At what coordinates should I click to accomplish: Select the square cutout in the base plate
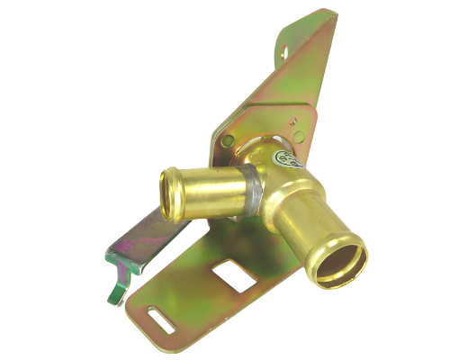[x=237, y=274]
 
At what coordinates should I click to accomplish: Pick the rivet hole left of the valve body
[x=228, y=141]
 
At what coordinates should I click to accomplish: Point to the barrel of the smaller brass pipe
[x=211, y=190]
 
